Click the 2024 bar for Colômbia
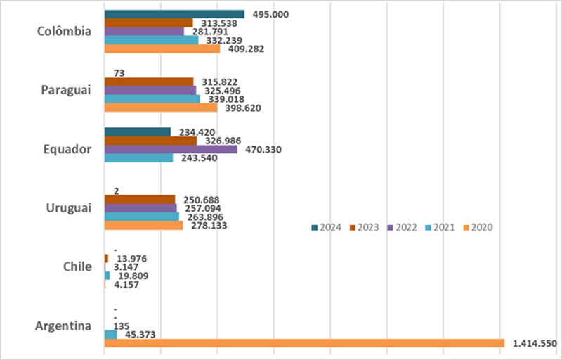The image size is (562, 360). point(174,14)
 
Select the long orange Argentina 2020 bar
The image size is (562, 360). point(304,343)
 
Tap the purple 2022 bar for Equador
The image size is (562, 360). point(171,149)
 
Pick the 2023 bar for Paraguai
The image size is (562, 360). point(148,82)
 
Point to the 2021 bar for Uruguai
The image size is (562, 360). point(142,217)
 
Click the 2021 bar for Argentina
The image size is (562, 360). point(110,335)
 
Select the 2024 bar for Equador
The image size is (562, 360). point(138,132)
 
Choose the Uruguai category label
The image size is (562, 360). point(68,208)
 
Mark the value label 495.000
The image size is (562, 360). point(270,14)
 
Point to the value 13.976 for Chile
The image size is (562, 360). point(129,258)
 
